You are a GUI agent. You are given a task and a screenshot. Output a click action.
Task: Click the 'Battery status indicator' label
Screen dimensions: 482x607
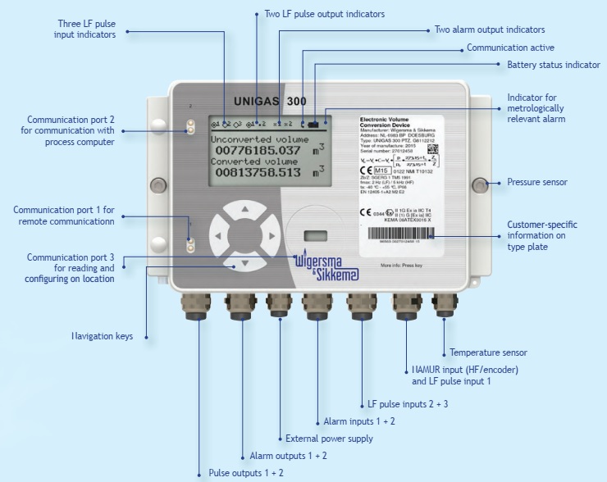point(553,65)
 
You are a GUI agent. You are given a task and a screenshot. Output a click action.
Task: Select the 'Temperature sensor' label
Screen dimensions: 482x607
point(488,353)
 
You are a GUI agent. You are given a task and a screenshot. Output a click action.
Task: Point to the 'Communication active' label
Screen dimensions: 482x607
point(510,48)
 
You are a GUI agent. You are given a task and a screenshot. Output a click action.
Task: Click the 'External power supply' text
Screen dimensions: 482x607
point(328,439)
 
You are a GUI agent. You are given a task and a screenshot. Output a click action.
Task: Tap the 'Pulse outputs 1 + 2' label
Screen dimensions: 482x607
point(246,473)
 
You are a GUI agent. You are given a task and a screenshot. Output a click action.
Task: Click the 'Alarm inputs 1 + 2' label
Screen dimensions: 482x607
point(359,421)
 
